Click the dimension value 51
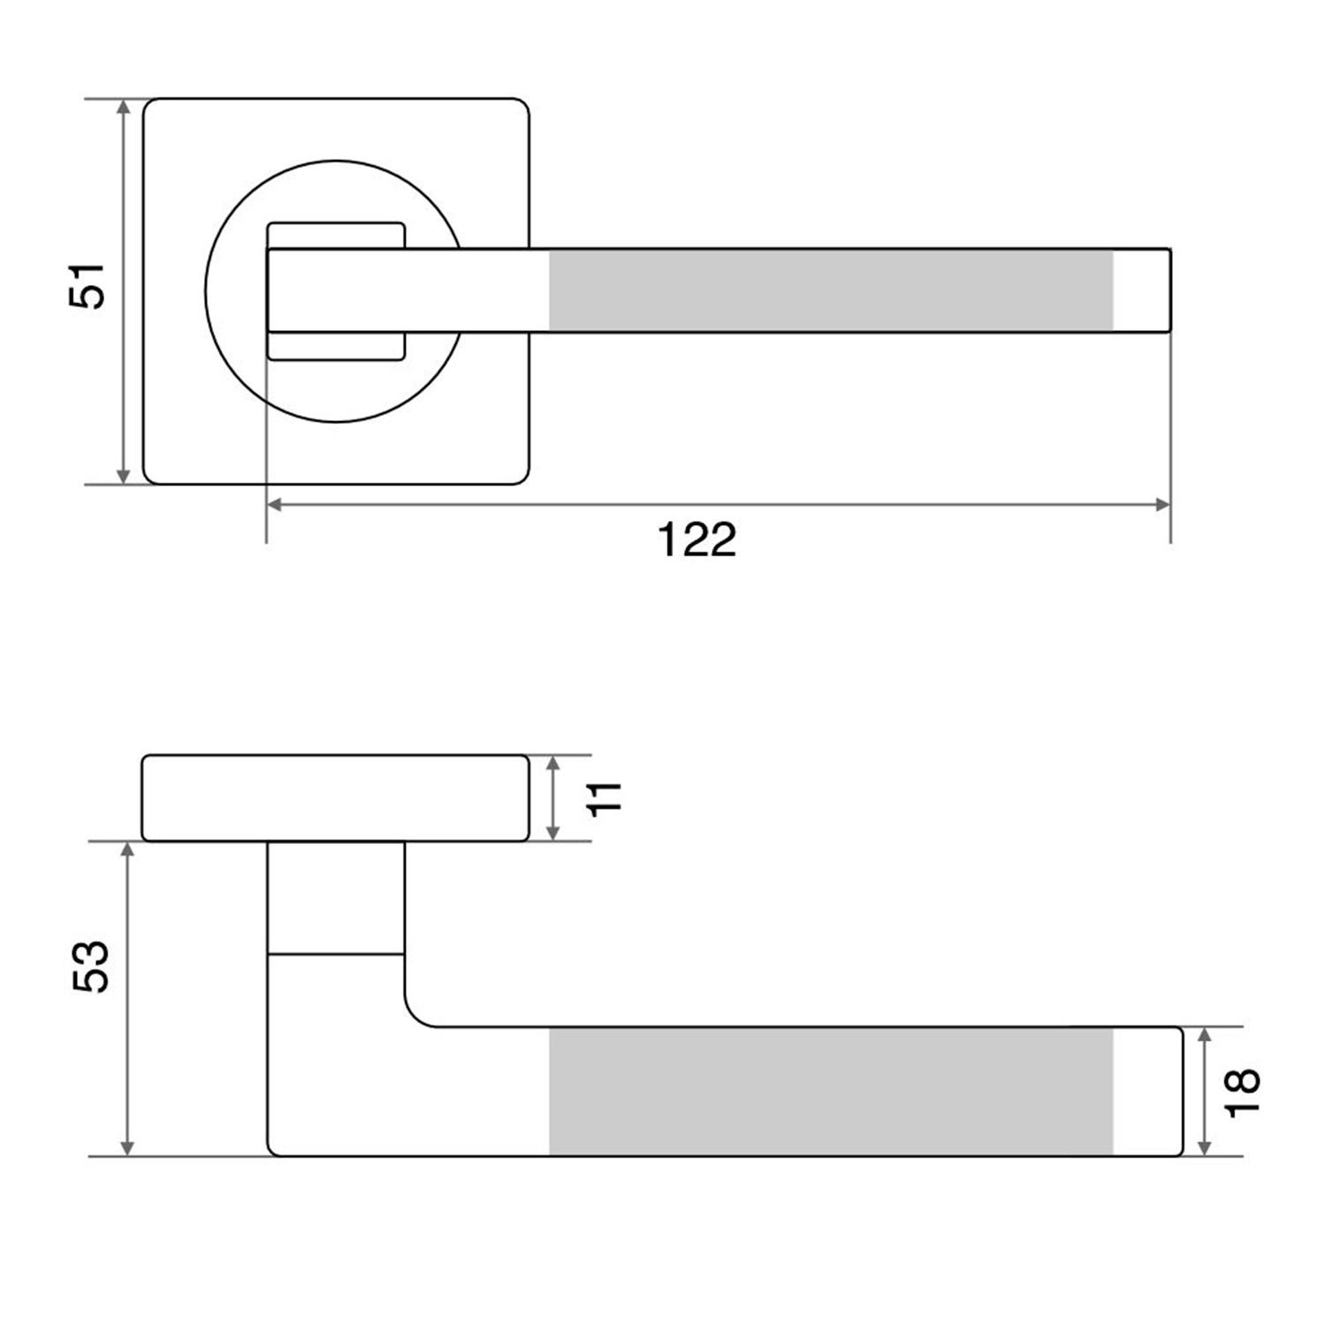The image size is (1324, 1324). pos(87,285)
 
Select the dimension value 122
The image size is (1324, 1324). pos(696,540)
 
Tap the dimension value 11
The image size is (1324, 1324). pos(606,798)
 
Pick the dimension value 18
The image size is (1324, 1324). pos(1243,1093)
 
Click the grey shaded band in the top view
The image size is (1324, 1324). pos(831,290)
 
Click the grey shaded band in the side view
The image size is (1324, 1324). pos(831,1091)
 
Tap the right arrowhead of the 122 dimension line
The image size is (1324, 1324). pos(1162,505)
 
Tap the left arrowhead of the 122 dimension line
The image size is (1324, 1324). pos(275,505)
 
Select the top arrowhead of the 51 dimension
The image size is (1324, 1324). pos(124,107)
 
